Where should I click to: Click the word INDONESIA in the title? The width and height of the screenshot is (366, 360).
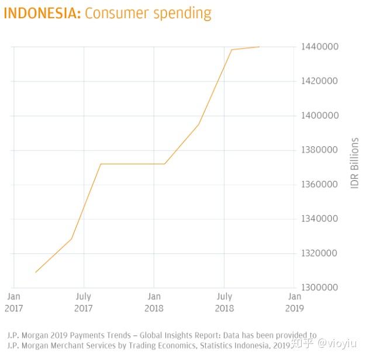pos(41,13)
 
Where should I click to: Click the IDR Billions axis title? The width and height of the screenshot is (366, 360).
pos(354,163)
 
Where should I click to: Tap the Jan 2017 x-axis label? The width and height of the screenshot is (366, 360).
pos(13,302)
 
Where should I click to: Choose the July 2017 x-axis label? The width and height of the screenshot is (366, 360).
pos(84,302)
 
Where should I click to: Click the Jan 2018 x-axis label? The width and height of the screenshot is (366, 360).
pos(154,302)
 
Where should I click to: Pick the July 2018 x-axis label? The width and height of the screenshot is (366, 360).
pos(225,302)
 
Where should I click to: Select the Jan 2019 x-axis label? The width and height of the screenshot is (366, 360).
pos(295,302)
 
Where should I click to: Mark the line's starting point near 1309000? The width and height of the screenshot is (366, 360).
pos(36,272)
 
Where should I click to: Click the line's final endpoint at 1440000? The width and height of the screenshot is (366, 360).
pos(259,47)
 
